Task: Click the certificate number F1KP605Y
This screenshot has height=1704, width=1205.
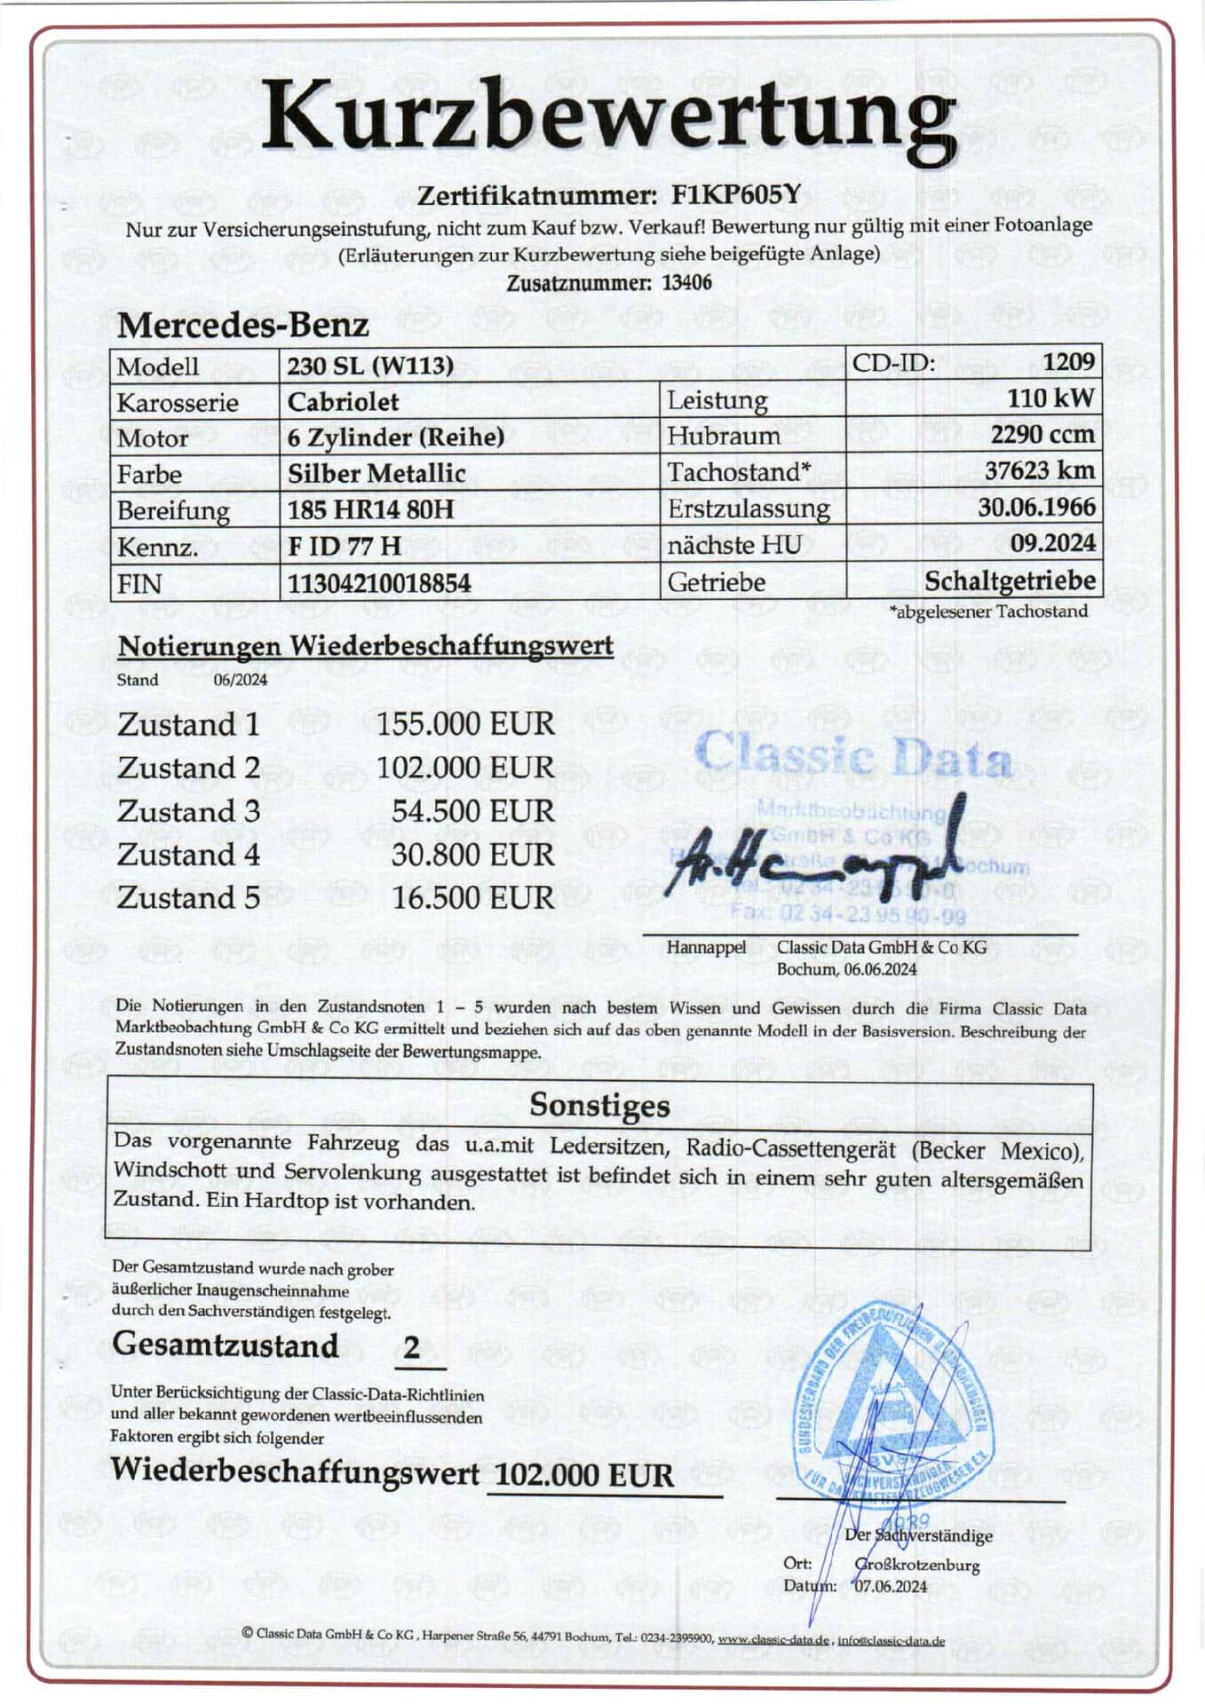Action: [736, 194]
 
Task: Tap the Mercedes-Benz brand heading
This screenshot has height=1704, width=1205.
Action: [242, 325]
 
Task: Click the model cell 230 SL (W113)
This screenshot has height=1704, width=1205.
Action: [370, 365]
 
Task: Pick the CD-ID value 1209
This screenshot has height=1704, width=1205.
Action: [1068, 362]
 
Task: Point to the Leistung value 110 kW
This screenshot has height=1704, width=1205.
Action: [1050, 398]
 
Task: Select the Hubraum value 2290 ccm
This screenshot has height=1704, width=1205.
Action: [1042, 435]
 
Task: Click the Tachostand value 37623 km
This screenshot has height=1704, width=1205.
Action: [1039, 470]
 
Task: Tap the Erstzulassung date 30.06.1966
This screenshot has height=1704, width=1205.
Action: [1036, 508]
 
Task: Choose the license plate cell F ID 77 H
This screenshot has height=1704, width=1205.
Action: [345, 546]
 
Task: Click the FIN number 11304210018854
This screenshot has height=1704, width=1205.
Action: [379, 583]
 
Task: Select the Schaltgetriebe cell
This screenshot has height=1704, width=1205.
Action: [1010, 581]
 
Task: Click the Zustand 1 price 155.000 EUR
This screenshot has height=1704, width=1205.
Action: [465, 724]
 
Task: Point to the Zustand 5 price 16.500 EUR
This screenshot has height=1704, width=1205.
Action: [472, 898]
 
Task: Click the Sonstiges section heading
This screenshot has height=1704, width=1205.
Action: [599, 1105]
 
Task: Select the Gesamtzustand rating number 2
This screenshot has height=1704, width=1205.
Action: [411, 1347]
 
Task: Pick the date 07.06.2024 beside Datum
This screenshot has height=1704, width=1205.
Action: [891, 1587]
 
